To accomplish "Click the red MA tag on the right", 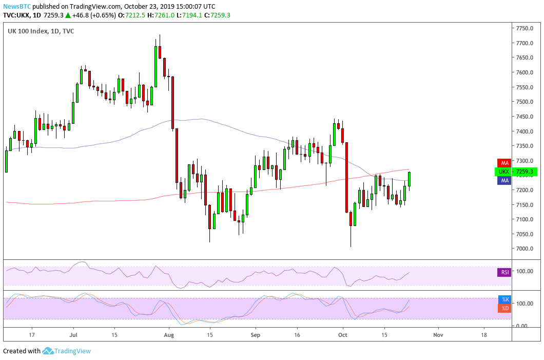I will [x=505, y=163].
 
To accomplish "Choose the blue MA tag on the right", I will [x=505, y=181].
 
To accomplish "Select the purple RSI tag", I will [x=505, y=272].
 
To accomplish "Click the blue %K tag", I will [x=505, y=299].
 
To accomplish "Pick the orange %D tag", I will [x=505, y=308].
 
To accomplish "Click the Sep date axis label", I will [x=256, y=334].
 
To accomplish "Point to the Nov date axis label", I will [x=438, y=334].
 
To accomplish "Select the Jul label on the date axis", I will [x=72, y=334].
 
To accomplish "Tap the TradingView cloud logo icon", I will [x=48, y=351].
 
